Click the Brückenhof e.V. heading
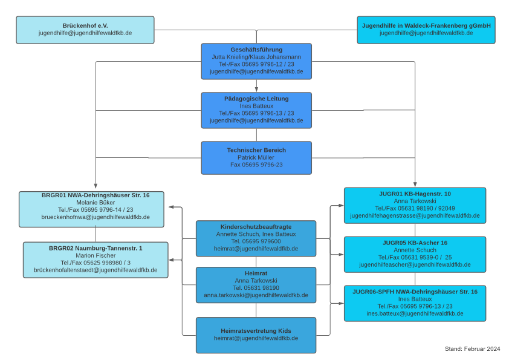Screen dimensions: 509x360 coord(85,25)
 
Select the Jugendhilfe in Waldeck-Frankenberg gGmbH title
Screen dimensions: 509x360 coord(426,25)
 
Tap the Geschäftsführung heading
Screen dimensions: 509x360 coord(256,50)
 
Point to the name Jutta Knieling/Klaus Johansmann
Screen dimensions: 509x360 coord(256,57)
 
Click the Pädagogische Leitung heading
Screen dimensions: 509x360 coord(256,99)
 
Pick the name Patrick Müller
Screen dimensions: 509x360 coord(256,157)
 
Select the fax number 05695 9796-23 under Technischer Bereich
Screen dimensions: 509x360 coord(262,165)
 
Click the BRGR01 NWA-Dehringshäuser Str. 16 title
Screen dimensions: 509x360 coord(96,195)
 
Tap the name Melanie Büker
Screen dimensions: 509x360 coord(96,203)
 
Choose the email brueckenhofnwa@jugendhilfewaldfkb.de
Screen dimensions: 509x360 coord(96,217)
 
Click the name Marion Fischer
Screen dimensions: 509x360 coord(96,255)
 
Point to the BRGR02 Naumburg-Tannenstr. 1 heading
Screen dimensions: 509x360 coord(96,248)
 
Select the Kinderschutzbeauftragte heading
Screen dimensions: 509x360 coord(256,227)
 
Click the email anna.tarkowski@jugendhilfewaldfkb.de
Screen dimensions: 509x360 coord(256,295)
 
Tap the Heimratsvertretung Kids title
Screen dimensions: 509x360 coord(256,331)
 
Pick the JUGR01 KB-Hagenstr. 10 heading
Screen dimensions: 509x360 coord(415,194)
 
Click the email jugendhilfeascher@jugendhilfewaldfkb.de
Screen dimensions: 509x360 coord(415,264)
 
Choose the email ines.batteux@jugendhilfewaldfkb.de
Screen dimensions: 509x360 coord(415,313)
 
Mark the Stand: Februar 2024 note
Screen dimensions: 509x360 coord(472,349)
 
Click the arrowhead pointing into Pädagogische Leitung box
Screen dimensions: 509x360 coord(256,90)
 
